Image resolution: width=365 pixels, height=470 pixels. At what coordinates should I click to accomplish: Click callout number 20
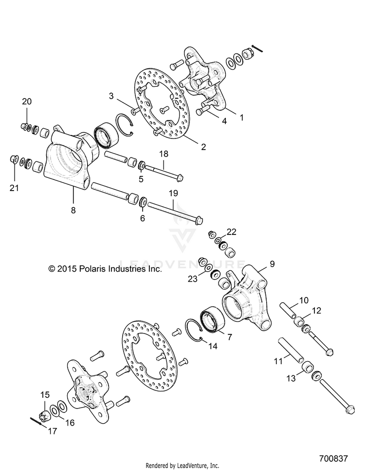(x=27, y=101)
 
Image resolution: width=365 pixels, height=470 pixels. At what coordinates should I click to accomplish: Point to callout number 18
(x=164, y=154)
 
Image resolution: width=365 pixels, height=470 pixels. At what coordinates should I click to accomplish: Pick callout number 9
(x=272, y=264)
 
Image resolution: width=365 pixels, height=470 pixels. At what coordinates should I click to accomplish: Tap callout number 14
(x=212, y=347)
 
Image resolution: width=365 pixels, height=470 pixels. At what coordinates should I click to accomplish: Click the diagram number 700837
(x=333, y=459)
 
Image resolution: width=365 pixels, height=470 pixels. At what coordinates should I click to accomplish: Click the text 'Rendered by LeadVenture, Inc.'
(x=182, y=465)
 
